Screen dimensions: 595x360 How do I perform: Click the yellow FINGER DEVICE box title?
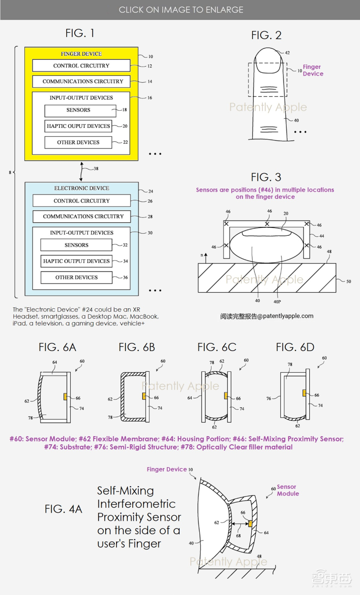pos(81,54)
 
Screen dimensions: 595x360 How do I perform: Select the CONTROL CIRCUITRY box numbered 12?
pos(81,66)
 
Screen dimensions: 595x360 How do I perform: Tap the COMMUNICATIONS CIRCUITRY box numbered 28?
pos(81,216)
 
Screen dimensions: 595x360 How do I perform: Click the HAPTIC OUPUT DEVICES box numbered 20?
pos(78,126)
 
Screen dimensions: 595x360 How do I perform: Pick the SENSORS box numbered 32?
pos(76,245)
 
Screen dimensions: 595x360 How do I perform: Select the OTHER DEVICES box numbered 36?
pos(76,277)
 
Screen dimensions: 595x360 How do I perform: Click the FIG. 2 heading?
pos(266,36)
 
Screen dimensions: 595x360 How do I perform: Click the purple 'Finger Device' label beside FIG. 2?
pos(313,71)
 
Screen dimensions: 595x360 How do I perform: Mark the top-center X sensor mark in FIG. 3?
pos(267,224)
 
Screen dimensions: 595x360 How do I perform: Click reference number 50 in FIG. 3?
pos(348,281)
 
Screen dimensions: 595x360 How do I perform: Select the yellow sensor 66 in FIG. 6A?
pos(65,397)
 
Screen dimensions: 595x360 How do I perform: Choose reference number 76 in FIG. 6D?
pos(269,399)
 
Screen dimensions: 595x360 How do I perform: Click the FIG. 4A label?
pos(63,509)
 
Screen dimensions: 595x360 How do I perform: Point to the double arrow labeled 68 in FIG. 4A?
pos(239,523)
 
